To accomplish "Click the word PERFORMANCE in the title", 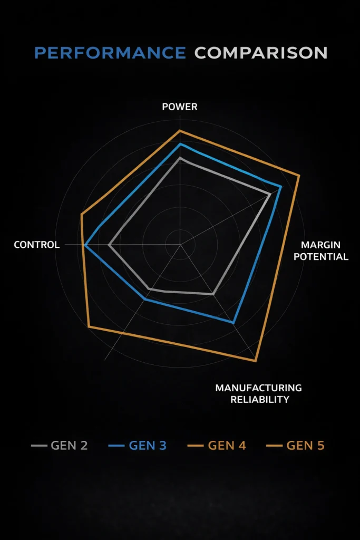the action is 110,53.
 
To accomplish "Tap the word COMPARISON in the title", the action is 261,53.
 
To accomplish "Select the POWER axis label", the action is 180,107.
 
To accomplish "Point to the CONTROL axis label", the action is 36,245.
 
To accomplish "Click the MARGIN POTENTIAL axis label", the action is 321,250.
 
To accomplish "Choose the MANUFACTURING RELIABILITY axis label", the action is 258,393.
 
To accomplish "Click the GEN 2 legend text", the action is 69,446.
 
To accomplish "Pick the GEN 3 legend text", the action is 148,446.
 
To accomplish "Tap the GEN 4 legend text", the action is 227,446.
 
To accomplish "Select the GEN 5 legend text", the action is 305,446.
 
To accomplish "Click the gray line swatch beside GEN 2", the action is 39,446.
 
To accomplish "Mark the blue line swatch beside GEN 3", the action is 116,446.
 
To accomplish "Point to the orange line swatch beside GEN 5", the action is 274,446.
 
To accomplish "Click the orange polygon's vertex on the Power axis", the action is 180,131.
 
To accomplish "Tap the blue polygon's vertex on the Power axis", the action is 180,144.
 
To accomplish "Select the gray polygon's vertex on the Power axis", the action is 180,158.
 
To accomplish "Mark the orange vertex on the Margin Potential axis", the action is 299,176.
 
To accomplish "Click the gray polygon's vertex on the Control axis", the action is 109,245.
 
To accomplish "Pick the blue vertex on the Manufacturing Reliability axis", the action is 233,323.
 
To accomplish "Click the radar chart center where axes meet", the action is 180,245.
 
